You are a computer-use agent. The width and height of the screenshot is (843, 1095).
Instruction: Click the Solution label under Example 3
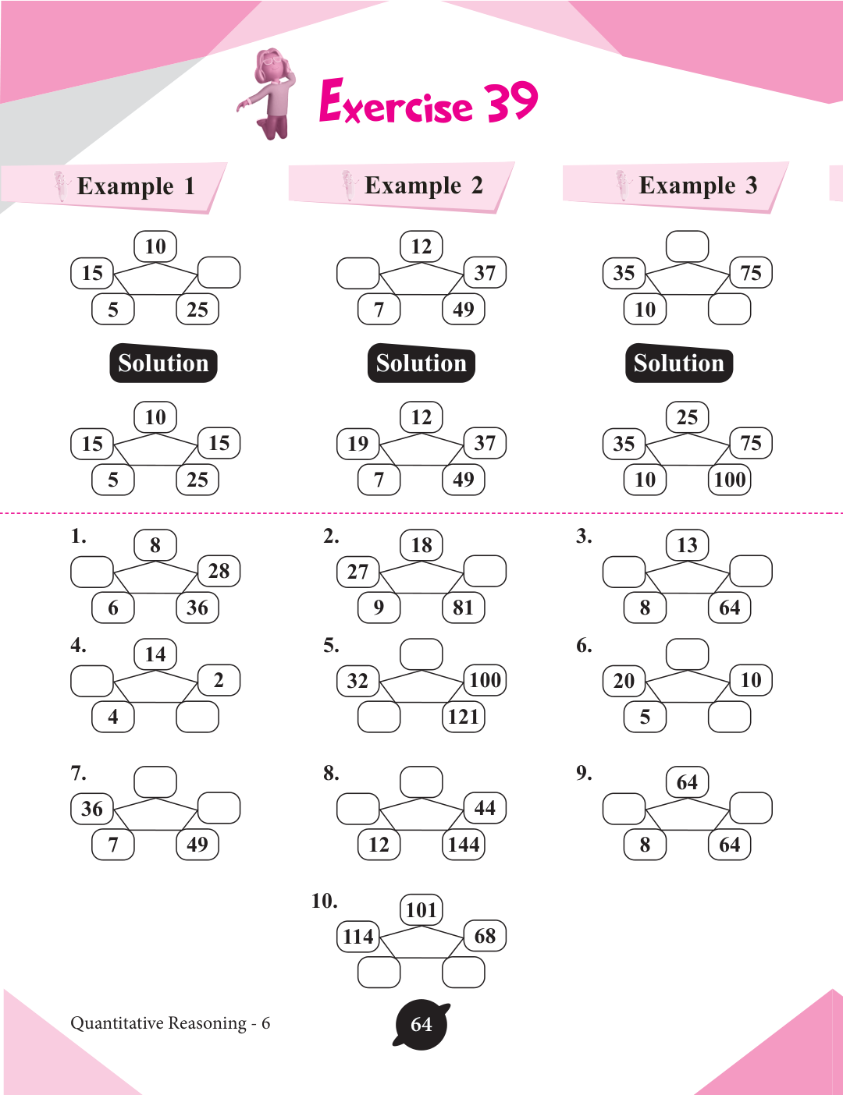pyautogui.click(x=678, y=363)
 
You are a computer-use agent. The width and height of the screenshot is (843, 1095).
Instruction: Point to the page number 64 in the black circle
pyautogui.click(x=421, y=1024)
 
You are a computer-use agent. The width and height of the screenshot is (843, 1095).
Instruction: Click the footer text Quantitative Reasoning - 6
pyautogui.click(x=170, y=1023)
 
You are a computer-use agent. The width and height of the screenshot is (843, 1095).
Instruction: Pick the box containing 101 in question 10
pyautogui.click(x=421, y=909)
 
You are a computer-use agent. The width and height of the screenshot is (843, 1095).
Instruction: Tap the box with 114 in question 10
pyautogui.click(x=358, y=936)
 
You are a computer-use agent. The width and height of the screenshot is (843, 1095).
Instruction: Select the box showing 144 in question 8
pyautogui.click(x=464, y=844)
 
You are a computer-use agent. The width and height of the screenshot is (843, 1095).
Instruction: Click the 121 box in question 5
pyautogui.click(x=464, y=716)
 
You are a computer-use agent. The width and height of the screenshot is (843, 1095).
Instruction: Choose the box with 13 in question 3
pyautogui.click(x=687, y=545)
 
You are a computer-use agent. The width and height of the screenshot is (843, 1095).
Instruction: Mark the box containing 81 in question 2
pyautogui.click(x=464, y=608)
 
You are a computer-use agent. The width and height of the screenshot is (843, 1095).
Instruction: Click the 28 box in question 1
pyautogui.click(x=219, y=571)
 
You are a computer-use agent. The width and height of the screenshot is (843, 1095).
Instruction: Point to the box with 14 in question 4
pyautogui.click(x=155, y=654)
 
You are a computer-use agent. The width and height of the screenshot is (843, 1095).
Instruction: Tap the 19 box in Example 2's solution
pyautogui.click(x=358, y=444)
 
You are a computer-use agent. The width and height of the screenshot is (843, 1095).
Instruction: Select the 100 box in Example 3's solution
pyautogui.click(x=730, y=479)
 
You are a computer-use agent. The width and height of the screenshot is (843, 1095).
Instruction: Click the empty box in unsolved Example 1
pyautogui.click(x=219, y=272)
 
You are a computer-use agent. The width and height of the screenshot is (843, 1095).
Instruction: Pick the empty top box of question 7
pyautogui.click(x=155, y=781)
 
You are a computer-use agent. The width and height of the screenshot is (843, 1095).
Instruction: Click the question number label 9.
pyautogui.click(x=584, y=773)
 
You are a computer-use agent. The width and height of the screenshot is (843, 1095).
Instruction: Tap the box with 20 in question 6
pyautogui.click(x=624, y=680)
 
